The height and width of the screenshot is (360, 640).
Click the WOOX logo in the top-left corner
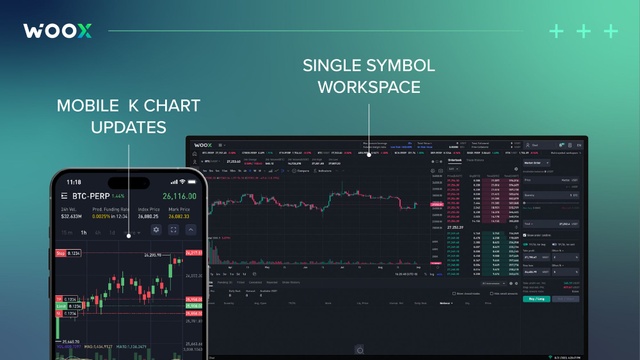click(x=58, y=30)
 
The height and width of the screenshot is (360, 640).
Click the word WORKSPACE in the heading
click(x=369, y=87)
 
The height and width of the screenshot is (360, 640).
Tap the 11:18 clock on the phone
click(x=75, y=182)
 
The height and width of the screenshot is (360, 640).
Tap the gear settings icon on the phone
click(x=156, y=230)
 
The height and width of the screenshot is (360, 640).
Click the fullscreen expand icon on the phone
click(x=174, y=230)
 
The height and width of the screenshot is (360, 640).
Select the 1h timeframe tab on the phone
click(x=84, y=231)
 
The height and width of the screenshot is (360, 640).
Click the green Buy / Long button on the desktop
click(x=538, y=298)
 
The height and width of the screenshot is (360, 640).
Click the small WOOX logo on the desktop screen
click(x=206, y=144)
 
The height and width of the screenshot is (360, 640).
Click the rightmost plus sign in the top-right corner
click(x=612, y=31)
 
